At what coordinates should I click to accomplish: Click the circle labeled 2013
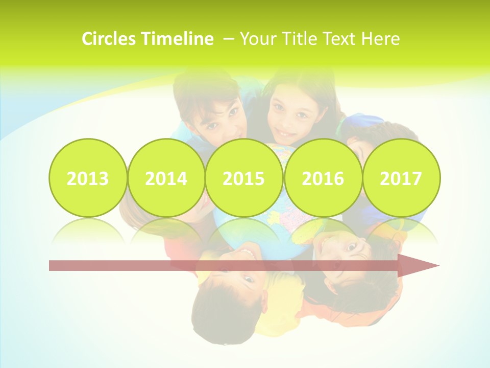88,178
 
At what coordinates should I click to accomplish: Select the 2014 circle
166,178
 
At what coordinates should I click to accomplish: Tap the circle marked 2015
244,178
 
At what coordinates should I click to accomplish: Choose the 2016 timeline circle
323,178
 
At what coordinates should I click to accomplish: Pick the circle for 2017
401,178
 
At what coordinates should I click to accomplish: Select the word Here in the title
380,39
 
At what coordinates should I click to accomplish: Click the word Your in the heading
258,39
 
